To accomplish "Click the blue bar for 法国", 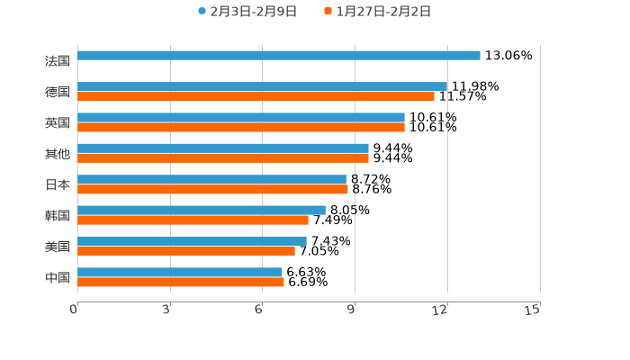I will [x=279, y=56].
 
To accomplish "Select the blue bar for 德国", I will [x=262, y=87].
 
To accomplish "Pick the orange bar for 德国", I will [x=256, y=97].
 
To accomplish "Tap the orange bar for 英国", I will [x=241, y=128].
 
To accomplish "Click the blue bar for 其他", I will [x=223, y=148].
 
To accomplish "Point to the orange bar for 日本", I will [x=212, y=190].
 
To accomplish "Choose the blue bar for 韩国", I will [x=202, y=211].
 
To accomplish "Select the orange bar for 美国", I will [x=186, y=251].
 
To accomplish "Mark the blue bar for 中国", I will [x=180, y=272].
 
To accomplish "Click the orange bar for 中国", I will [x=181, y=283].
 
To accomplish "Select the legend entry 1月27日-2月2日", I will [x=382, y=12].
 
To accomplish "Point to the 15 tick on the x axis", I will [x=533, y=310].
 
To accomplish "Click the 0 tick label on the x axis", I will [x=74, y=310].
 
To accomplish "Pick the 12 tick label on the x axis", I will [x=440, y=310].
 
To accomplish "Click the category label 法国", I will [x=58, y=61].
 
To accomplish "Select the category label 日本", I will [x=58, y=184].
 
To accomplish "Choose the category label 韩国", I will [x=58, y=216].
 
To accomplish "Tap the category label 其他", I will [x=58, y=154].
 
